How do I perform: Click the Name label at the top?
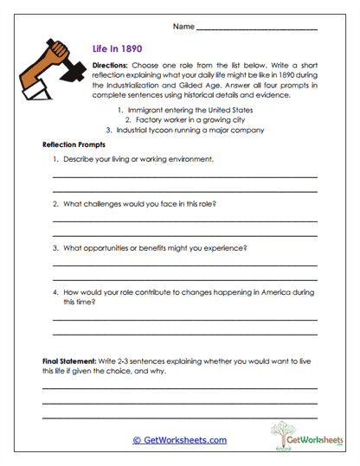[183, 27]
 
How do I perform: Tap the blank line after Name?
[256, 29]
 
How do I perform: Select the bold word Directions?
[109, 65]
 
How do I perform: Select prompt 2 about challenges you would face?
[138, 204]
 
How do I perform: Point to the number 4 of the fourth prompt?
[54, 293]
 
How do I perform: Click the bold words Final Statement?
[72, 359]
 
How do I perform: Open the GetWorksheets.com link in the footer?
[180, 440]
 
